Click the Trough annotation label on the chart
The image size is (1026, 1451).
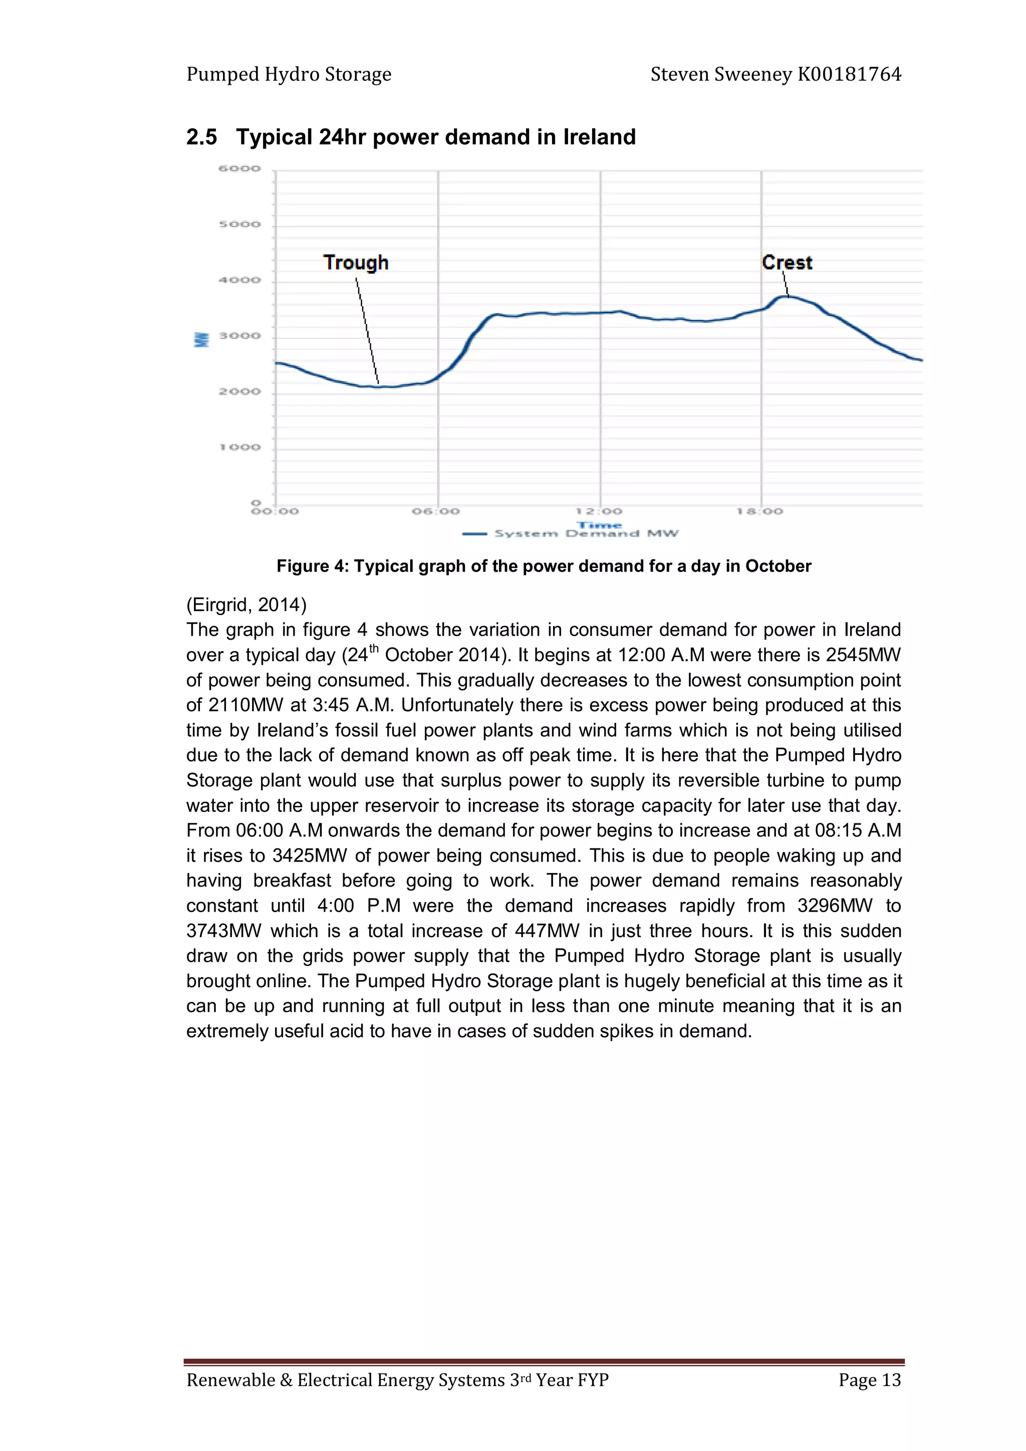tap(356, 262)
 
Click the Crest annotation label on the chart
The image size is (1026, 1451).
tap(787, 262)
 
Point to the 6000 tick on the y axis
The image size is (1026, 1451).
tap(239, 169)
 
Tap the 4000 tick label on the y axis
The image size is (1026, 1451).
tap(239, 280)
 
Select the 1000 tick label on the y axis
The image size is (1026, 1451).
tap(239, 447)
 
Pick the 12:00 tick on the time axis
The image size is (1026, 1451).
tap(599, 511)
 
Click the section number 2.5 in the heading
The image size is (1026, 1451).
tap(202, 137)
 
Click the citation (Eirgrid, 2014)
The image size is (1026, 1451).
tap(246, 605)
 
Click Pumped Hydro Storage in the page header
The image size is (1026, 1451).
tap(289, 75)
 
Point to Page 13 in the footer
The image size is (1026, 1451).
tap(869, 1379)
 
